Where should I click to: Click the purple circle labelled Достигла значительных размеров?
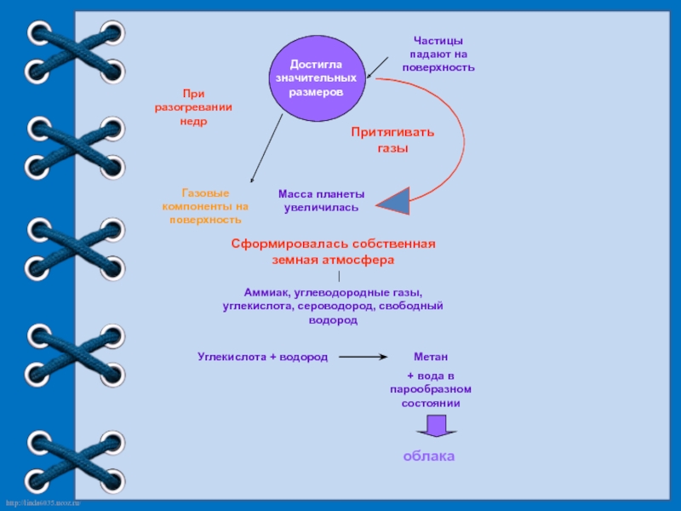(316, 78)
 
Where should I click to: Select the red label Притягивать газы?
(392, 140)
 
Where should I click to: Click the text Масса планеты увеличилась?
(321, 201)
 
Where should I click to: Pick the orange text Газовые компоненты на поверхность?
(205, 206)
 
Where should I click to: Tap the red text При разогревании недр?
(193, 107)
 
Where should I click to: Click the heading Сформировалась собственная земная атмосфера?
(333, 251)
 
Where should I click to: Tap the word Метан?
(431, 356)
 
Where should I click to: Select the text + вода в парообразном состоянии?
(431, 389)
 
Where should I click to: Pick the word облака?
(429, 456)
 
